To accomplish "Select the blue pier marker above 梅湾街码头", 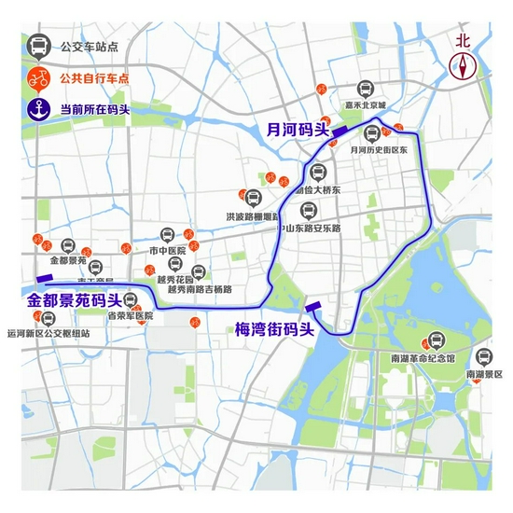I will coord(313,304).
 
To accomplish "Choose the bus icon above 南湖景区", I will coord(484,357).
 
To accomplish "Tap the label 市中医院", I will coord(168,251).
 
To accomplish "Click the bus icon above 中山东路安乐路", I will coord(309,211).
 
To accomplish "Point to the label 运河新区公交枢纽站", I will coord(49,333).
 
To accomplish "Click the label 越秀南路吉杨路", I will coord(200,289).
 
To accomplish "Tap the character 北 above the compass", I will coord(464,40).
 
